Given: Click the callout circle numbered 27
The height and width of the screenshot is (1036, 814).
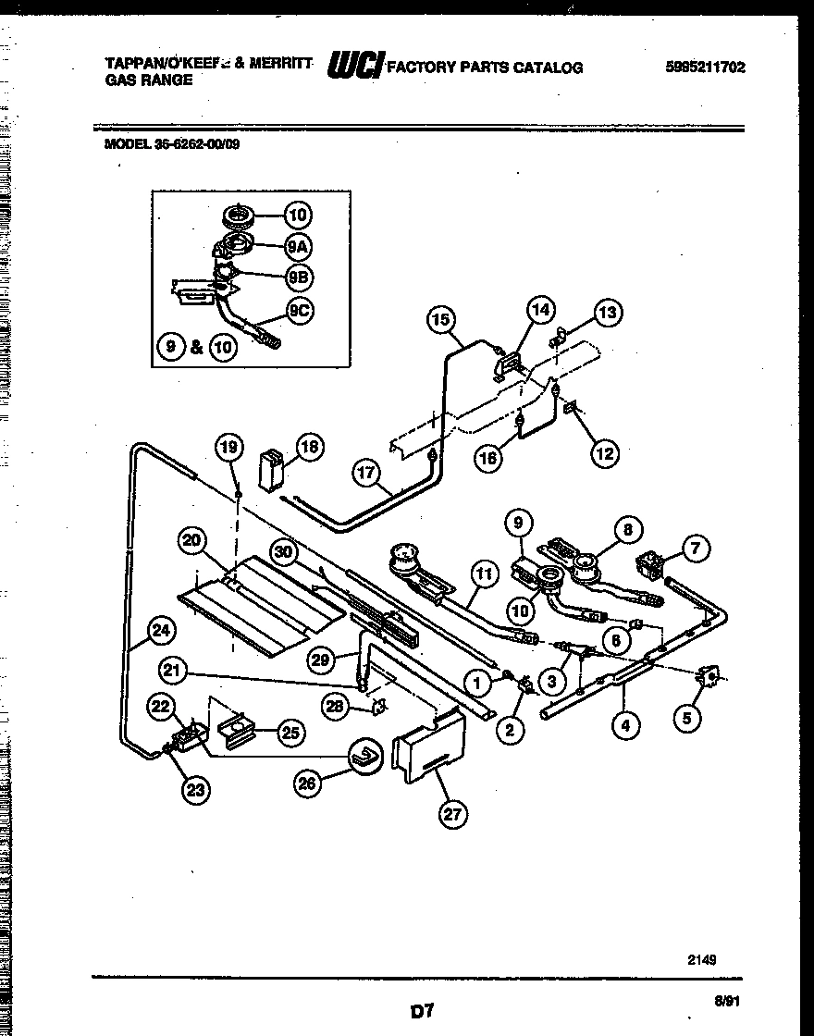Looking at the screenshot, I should [452, 814].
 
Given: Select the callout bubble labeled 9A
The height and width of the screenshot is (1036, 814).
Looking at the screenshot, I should [296, 247].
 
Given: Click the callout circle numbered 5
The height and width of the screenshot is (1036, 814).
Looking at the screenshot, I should [686, 716].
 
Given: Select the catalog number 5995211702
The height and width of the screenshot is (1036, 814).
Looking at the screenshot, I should [705, 68].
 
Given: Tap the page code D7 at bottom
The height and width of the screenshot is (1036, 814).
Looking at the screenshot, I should [422, 1011].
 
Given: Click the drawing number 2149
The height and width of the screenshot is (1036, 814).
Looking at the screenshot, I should [700, 960].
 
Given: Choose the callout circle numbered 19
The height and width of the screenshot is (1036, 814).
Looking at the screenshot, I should [228, 449].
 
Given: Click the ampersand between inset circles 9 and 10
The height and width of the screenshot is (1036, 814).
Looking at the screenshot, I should [197, 348].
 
